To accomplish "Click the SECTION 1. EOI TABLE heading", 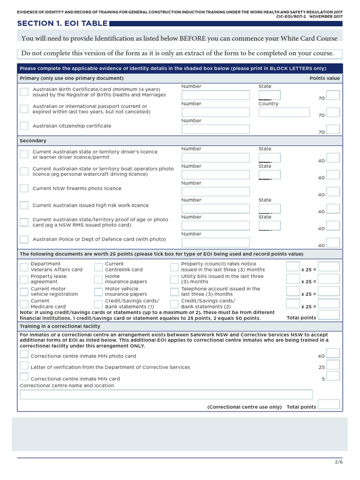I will click(x=62, y=23).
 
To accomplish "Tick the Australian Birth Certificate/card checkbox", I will click(x=24, y=91).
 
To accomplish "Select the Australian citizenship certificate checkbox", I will click(x=24, y=126).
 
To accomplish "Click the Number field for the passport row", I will click(x=215, y=112).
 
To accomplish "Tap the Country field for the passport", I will click(x=284, y=112).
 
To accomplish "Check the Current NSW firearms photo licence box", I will click(x=24, y=188).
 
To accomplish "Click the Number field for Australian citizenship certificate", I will click(x=215, y=129).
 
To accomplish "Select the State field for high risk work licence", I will click(x=270, y=209).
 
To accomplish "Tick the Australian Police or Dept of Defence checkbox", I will click(x=24, y=239).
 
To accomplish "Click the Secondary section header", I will click(x=33, y=141).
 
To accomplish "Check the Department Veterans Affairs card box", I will click(x=24, y=267).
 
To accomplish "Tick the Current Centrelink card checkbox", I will click(x=98, y=267).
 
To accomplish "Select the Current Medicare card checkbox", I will click(x=24, y=304).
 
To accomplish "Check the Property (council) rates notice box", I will click(x=174, y=267).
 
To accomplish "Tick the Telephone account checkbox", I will click(x=174, y=292).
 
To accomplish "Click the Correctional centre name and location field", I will click(x=166, y=394).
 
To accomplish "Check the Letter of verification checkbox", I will click(x=24, y=365).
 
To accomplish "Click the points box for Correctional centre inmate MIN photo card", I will click(x=333, y=354).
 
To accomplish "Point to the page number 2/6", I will click(x=339, y=462).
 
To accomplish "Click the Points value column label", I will click(x=324, y=78).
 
